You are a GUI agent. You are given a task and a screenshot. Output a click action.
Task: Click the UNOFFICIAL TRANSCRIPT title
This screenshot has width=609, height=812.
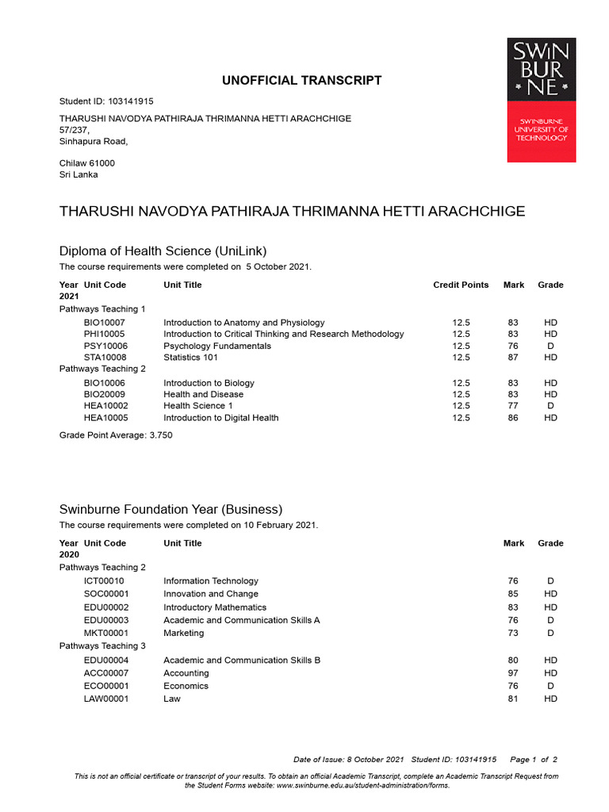pos(301,81)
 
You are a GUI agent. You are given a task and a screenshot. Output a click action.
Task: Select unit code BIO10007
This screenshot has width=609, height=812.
pos(104,323)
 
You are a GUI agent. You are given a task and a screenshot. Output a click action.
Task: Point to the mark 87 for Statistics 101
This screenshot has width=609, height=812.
pos(513,358)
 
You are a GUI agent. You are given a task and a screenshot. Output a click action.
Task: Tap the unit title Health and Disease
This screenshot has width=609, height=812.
pos(204,394)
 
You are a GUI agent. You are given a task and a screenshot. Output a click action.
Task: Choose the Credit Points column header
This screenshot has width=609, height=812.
pos(461,285)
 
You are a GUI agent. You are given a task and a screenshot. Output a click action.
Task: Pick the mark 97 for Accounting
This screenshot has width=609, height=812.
pos(513,673)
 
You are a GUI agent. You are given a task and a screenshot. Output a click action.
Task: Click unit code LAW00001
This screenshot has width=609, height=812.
pos(106,699)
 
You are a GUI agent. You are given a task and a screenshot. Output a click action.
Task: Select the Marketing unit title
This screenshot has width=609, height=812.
pos(184,633)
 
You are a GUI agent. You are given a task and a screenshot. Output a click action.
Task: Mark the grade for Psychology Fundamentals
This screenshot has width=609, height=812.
pos(550,346)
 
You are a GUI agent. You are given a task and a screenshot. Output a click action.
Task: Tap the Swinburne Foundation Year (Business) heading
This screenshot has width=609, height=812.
pos(170,509)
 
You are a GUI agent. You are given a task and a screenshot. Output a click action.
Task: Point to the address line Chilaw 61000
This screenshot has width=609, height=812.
pos(87,163)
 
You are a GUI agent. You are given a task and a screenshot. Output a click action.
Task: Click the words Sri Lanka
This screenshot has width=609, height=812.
pos(79,174)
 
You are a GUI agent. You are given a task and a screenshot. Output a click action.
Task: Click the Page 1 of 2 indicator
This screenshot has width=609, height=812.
pos(534,760)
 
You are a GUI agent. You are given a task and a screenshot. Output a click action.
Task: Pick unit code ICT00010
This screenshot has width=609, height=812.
pos(104,581)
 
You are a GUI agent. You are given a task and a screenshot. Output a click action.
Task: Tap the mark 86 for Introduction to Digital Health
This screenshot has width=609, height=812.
pos(513,418)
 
